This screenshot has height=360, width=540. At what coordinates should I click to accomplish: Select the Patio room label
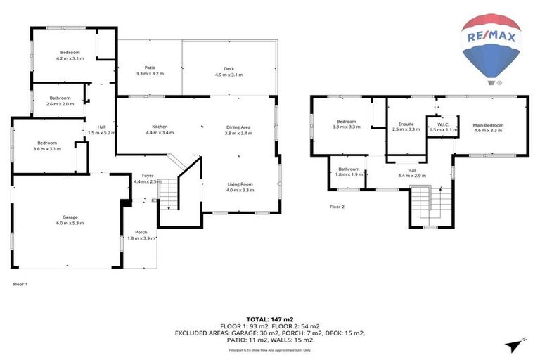[x=149, y=68]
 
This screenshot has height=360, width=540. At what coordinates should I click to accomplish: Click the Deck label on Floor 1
[x=228, y=68]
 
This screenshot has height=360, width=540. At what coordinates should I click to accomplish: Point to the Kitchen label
[x=159, y=127]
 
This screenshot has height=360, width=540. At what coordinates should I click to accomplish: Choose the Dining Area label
[x=238, y=127]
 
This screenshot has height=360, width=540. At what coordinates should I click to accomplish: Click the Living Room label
[x=239, y=184]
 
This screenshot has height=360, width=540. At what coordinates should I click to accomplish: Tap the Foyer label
[x=148, y=175]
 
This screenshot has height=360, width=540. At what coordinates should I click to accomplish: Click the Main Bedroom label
[x=488, y=124]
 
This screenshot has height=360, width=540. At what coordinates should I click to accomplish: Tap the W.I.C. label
[x=443, y=124]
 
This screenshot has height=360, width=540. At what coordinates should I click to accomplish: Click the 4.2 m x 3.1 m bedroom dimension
[x=70, y=58]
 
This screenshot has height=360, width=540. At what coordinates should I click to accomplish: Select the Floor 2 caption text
[x=337, y=207]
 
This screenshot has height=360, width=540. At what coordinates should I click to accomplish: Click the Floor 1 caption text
[x=20, y=284]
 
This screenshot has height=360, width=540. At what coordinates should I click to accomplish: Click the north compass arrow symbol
[x=515, y=342]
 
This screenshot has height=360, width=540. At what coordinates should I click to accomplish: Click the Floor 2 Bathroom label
[x=349, y=169]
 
